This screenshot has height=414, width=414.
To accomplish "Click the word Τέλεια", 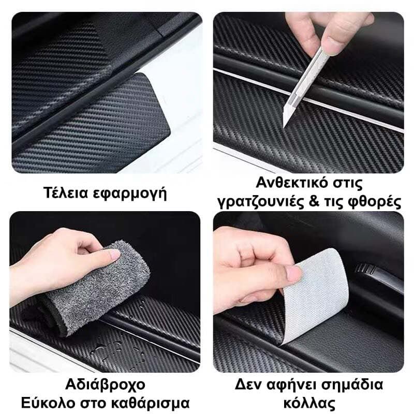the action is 66,193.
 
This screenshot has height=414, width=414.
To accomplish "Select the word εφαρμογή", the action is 130,194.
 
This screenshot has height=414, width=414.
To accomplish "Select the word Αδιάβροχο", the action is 105,385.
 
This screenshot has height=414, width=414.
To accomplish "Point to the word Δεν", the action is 248,385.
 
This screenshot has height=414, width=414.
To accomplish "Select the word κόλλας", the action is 309,404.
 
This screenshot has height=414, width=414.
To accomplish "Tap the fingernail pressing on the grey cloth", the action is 114,255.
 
